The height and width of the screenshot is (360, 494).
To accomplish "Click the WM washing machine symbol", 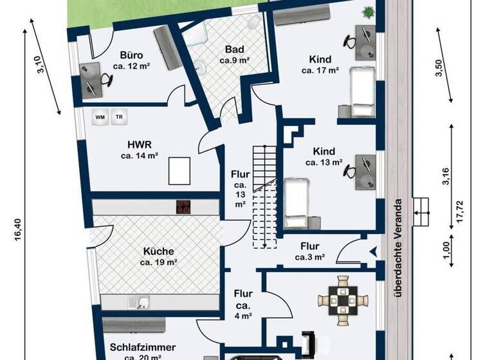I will (100, 117).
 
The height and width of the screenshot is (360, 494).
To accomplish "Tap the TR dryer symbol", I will (119, 117).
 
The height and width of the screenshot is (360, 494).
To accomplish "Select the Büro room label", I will (131, 55).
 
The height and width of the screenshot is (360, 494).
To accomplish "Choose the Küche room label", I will (159, 251).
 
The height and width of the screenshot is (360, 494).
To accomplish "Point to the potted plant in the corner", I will (369, 11).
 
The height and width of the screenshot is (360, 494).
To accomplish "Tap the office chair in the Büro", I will (105, 80).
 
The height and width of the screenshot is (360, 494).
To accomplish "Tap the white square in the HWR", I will (179, 171).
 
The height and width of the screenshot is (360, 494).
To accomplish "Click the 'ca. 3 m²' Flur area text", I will (309, 257).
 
